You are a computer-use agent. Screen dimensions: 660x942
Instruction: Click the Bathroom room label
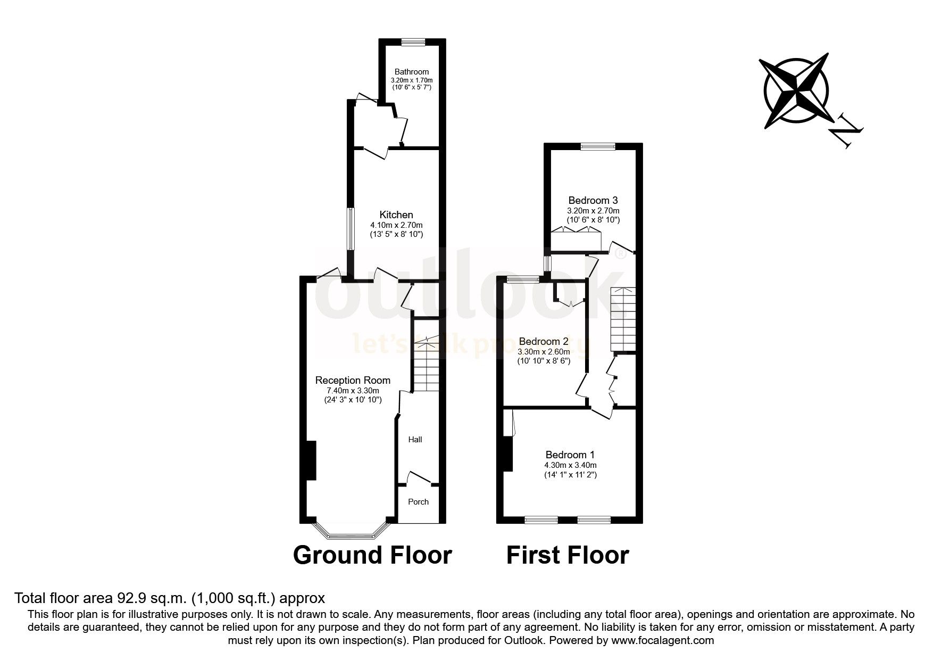coord(411,72)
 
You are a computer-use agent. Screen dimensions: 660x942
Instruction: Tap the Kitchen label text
coord(396,214)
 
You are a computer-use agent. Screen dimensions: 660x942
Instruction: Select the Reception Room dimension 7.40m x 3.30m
coord(353,390)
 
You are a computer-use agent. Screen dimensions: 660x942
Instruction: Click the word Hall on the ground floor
coord(415,439)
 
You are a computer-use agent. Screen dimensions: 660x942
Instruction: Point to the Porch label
coord(418,501)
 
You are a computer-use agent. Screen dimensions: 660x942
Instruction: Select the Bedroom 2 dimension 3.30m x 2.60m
coord(544,351)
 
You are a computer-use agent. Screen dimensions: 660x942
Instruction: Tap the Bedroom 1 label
coord(570,455)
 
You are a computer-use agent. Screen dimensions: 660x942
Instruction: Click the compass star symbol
coord(796,90)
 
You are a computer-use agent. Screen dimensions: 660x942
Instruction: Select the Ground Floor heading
coord(372,555)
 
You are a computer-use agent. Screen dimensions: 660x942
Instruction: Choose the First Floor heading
coord(567,555)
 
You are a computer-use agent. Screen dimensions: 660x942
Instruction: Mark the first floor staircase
coord(622,319)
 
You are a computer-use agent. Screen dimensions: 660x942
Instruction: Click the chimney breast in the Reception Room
coord(311,461)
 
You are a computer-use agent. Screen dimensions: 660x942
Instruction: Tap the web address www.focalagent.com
coord(662,640)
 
